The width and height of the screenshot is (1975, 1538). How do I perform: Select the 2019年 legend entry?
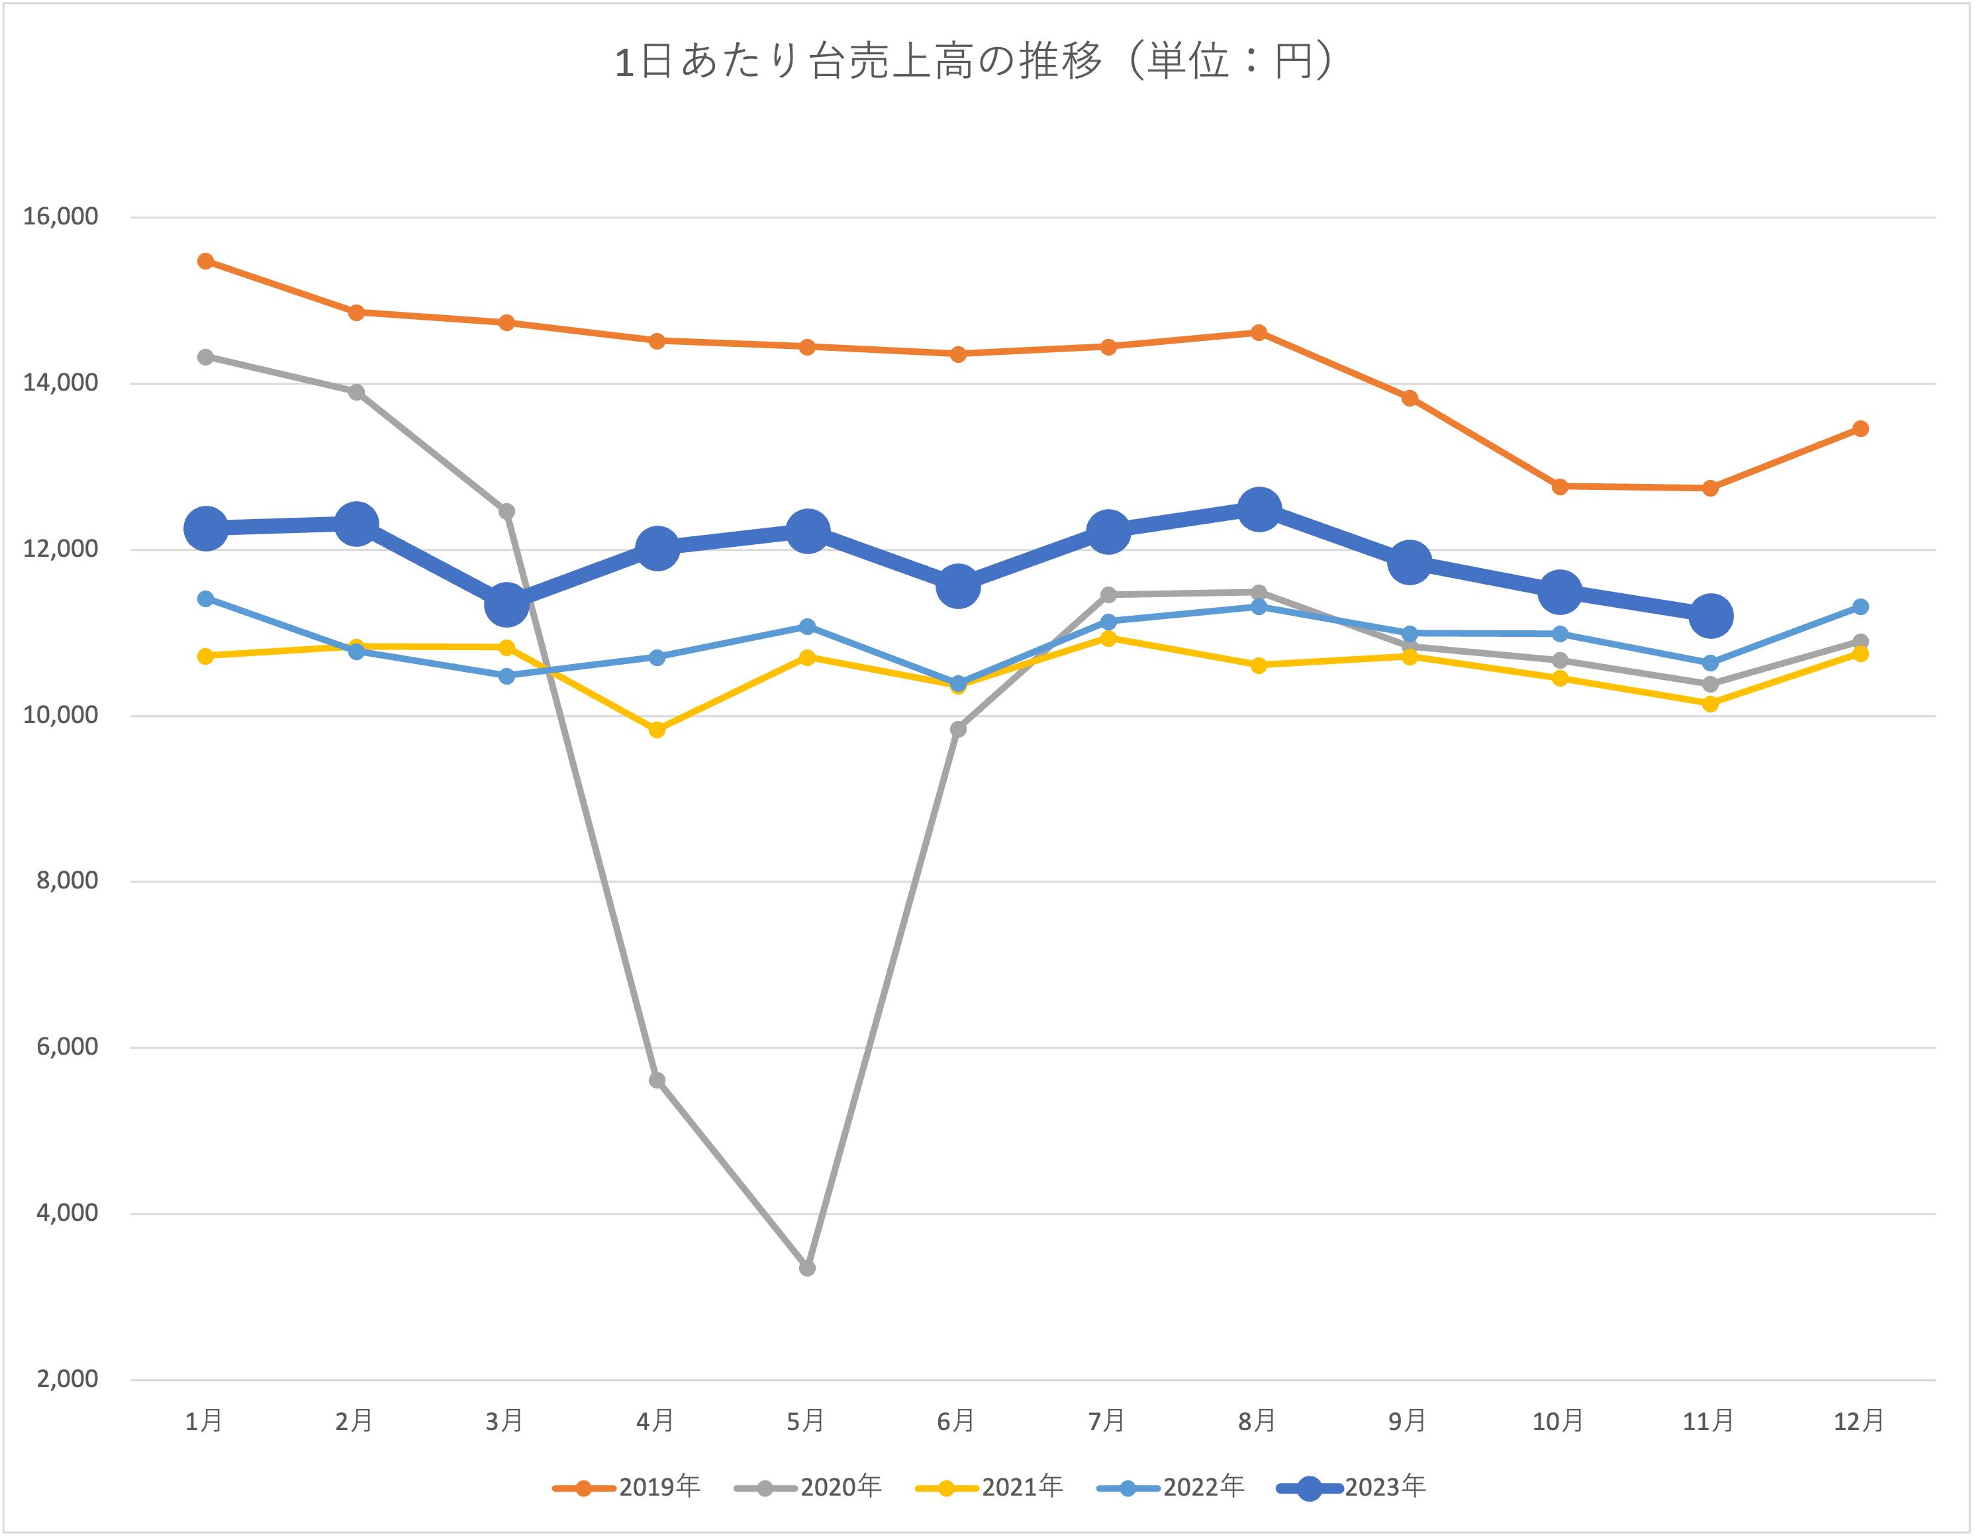pos(627,1488)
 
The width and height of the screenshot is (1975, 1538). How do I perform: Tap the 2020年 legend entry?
pos(808,1488)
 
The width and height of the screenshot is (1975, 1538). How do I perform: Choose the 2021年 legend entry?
pos(989,1488)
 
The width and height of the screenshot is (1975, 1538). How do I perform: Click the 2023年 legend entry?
pos(1351,1488)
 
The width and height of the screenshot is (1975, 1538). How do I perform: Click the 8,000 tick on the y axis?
pos(68,881)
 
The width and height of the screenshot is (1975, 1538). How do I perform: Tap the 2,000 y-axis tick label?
pos(68,1380)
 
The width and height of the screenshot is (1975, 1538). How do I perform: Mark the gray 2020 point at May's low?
pos(808,1269)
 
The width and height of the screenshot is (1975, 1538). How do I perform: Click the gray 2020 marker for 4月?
pos(657,1081)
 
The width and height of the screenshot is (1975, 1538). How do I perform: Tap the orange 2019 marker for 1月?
pos(206,262)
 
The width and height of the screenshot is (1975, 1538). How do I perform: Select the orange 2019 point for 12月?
pos(1860,428)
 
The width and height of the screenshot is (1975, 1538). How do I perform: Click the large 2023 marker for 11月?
pos(1710,616)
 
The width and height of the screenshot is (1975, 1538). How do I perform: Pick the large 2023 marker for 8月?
pos(1259,510)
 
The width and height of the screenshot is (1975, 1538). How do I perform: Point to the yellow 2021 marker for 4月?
pos(657,730)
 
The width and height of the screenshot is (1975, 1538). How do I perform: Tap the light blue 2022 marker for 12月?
pos(1860,606)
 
